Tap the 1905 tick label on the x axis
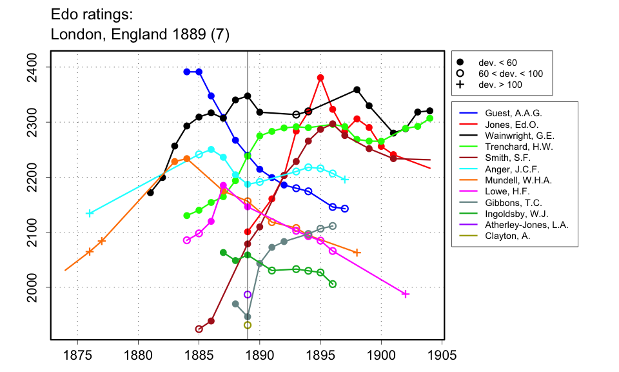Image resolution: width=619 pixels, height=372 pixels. [442, 356]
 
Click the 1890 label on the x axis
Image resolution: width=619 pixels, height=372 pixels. [259, 356]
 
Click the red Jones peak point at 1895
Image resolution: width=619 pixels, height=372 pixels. [320, 77]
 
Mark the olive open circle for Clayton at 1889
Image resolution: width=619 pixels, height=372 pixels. [248, 325]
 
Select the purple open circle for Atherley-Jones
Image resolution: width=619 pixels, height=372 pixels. [248, 294]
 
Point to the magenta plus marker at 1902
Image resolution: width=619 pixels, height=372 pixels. [406, 294]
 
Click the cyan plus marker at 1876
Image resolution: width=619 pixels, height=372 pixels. [90, 213]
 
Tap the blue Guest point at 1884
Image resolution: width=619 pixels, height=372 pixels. [187, 72]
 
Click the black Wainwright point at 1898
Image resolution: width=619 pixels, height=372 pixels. [357, 90]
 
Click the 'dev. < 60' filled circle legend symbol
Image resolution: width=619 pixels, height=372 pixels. [460, 63]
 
